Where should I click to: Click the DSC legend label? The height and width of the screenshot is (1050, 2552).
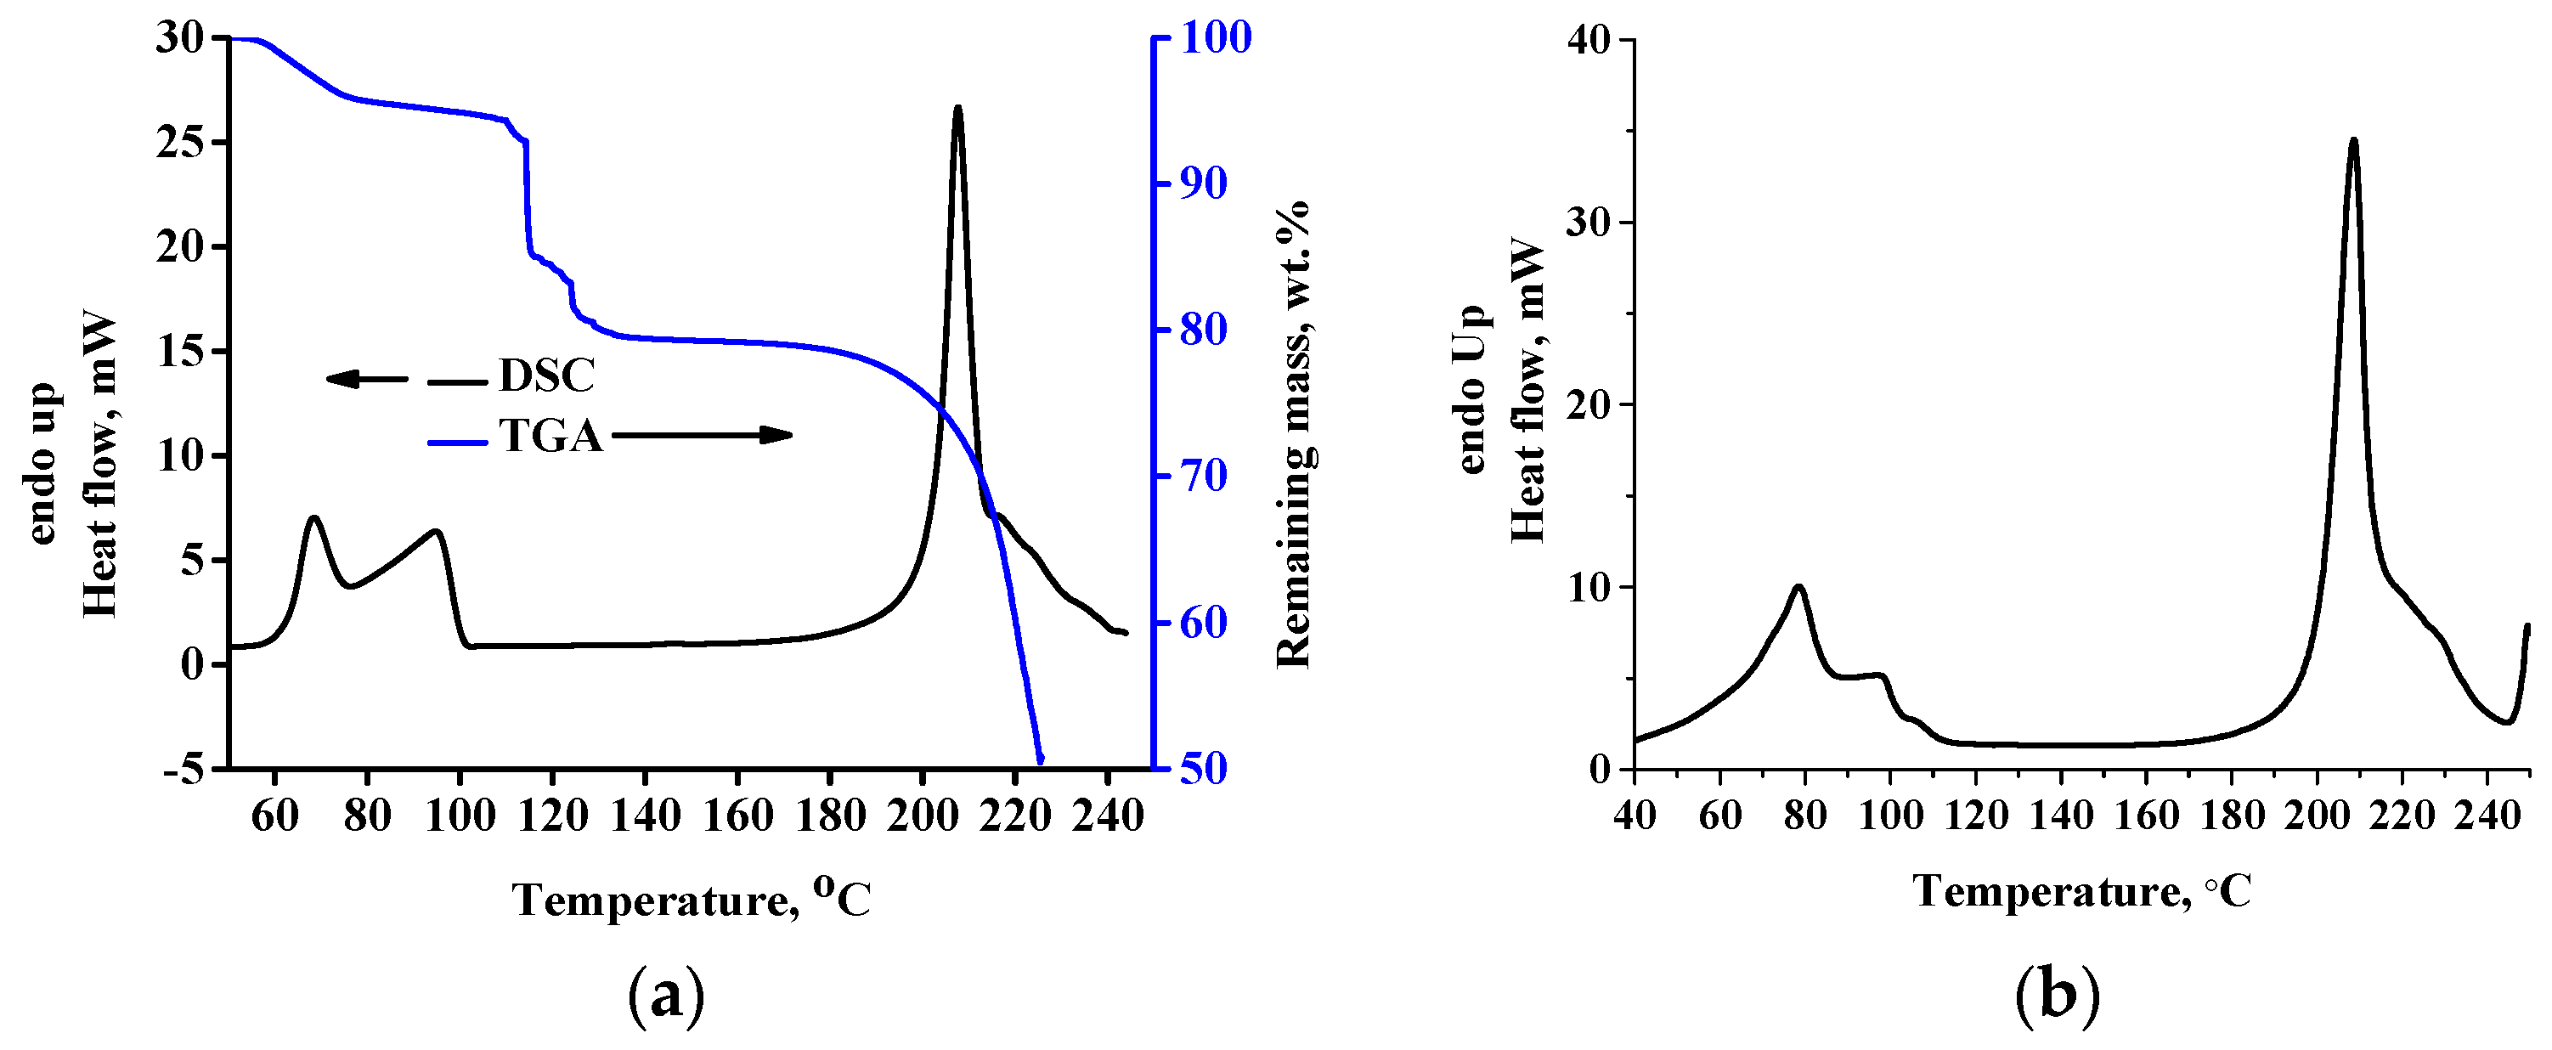(546, 375)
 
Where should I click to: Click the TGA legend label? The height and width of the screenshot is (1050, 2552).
(550, 436)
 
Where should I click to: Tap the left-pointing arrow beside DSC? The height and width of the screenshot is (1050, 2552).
(365, 378)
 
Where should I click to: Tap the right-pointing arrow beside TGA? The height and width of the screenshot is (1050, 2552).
(702, 435)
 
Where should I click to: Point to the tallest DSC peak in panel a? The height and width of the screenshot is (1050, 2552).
(957, 108)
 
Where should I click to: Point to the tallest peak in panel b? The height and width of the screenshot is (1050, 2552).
(2353, 141)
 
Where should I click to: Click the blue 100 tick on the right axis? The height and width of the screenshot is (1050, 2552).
(1215, 37)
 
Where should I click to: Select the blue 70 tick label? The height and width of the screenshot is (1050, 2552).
(1203, 477)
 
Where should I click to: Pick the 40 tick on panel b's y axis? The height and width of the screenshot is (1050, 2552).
(1587, 40)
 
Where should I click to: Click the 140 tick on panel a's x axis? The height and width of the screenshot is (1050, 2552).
(645, 816)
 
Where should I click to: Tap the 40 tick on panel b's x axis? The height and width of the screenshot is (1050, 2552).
(1635, 816)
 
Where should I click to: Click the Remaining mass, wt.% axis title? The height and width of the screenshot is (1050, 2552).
(1294, 434)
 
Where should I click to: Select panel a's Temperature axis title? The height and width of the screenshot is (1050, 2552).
(692, 900)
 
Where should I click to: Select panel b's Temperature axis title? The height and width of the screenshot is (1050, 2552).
(2081, 891)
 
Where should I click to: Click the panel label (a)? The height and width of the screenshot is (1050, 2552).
(667, 997)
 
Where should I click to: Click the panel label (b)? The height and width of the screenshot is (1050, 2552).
(2057, 997)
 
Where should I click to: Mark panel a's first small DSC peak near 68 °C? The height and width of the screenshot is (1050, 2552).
(314, 518)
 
